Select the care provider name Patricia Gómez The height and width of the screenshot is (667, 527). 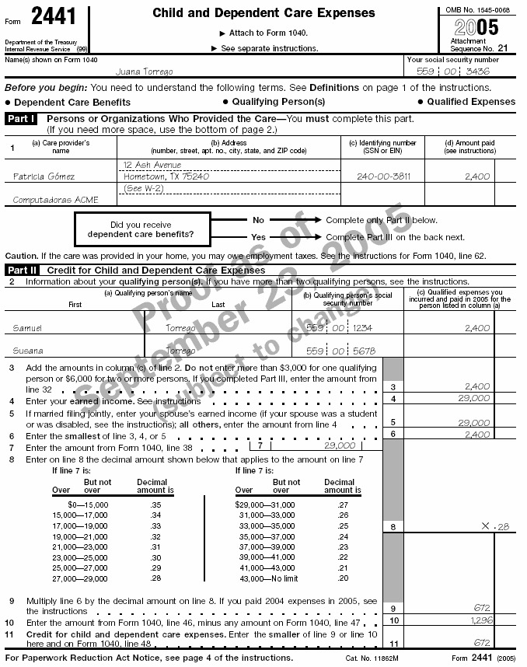[x=44, y=176]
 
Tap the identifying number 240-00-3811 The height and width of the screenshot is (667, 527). [x=379, y=176]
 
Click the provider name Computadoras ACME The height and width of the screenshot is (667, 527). [x=56, y=200]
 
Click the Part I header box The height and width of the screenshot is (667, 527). [x=21, y=119]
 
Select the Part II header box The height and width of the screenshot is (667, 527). [x=22, y=271]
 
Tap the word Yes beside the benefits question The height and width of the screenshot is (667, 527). [x=258, y=237]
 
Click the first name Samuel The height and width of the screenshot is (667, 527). [x=29, y=328]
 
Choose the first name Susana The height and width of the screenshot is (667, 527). [x=29, y=351]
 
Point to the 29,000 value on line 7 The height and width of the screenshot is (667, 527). [x=339, y=445]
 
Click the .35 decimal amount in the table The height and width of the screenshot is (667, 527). [x=155, y=505]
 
